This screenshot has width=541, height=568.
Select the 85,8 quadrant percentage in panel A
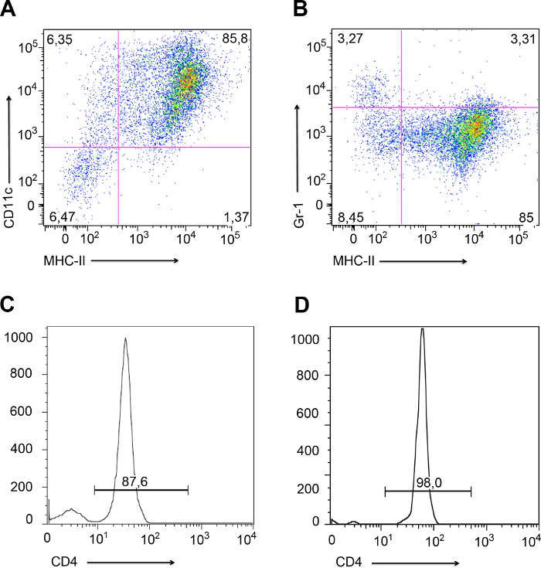(x=234, y=38)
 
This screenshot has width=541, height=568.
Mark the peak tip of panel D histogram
(x=422, y=328)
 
